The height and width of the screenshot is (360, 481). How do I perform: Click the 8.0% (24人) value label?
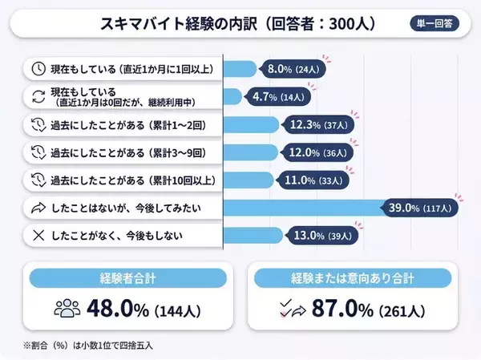coord(294,69)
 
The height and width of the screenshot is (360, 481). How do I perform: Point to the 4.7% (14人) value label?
coord(279,97)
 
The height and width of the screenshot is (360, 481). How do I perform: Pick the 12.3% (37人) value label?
coord(319,125)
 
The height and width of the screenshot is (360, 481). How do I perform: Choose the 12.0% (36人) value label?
coord(317,152)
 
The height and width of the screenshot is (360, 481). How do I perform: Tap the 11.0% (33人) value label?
coord(312,180)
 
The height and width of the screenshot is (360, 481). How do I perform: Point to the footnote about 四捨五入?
coord(88,345)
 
